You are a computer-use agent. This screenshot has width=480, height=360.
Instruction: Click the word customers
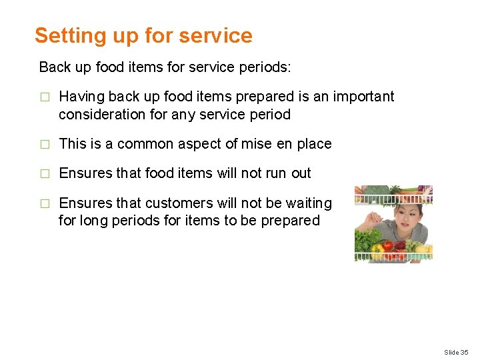click(177, 203)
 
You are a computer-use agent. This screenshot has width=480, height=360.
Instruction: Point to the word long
click(94, 221)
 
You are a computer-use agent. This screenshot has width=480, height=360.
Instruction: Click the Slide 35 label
click(456, 352)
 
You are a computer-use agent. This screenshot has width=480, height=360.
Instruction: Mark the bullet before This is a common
click(44, 145)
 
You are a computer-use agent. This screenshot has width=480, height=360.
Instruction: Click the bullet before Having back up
click(44, 97)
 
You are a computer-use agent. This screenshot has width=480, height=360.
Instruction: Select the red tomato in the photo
click(387, 246)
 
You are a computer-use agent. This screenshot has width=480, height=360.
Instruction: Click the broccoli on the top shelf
click(377, 191)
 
